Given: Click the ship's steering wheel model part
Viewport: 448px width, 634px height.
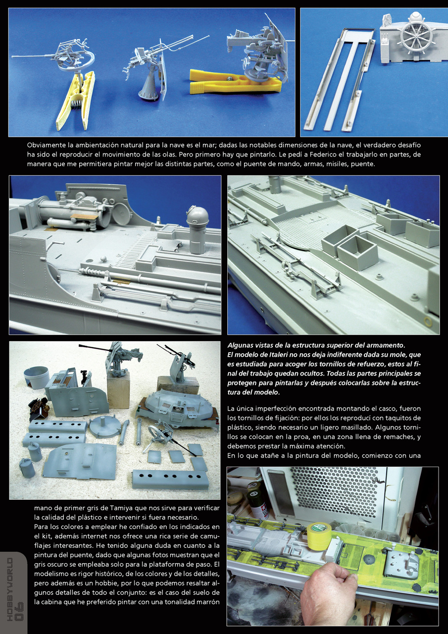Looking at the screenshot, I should tap(415, 36).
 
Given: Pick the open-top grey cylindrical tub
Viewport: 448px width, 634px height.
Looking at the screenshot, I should tap(36, 377).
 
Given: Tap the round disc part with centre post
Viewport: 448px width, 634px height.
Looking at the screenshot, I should tap(105, 426).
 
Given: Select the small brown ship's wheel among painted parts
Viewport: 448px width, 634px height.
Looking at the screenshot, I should tap(38, 408).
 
